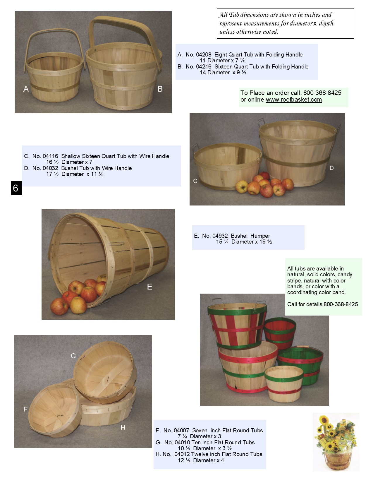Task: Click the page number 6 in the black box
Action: (16, 188)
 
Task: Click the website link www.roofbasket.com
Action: (294, 100)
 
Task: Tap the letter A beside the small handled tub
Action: (26, 89)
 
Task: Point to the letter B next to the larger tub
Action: (160, 89)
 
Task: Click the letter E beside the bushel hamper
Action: (149, 287)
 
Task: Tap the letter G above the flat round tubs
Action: (73, 356)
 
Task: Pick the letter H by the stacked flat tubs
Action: (123, 428)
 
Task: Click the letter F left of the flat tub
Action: (25, 409)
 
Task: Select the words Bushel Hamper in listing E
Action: (250, 236)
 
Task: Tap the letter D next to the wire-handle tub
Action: (331, 168)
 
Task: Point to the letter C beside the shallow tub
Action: (195, 181)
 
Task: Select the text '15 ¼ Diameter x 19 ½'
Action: (244, 242)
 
